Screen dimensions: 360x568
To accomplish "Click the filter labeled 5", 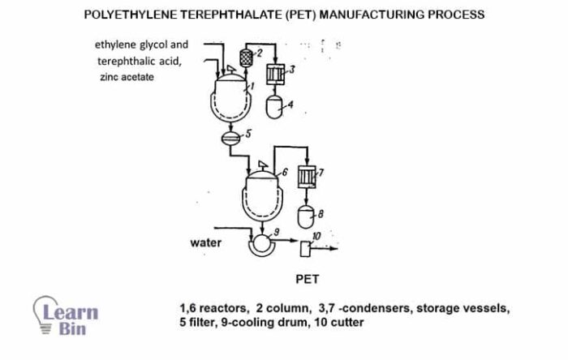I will [232, 137].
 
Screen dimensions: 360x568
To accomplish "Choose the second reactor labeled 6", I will [260, 191].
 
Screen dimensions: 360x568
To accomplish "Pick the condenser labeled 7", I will [306, 178].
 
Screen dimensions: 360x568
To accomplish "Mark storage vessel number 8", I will [306, 216].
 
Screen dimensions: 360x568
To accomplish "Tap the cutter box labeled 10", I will [308, 247].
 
